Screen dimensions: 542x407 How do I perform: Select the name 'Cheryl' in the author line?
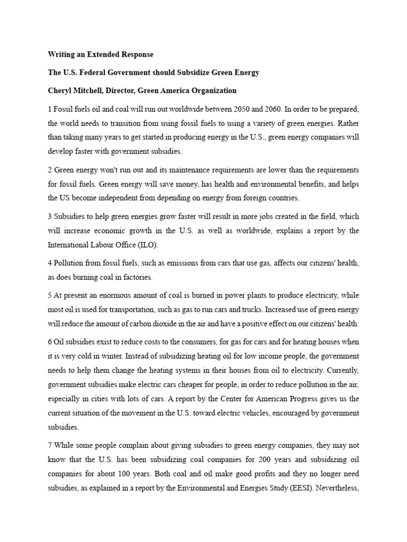click(61, 91)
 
